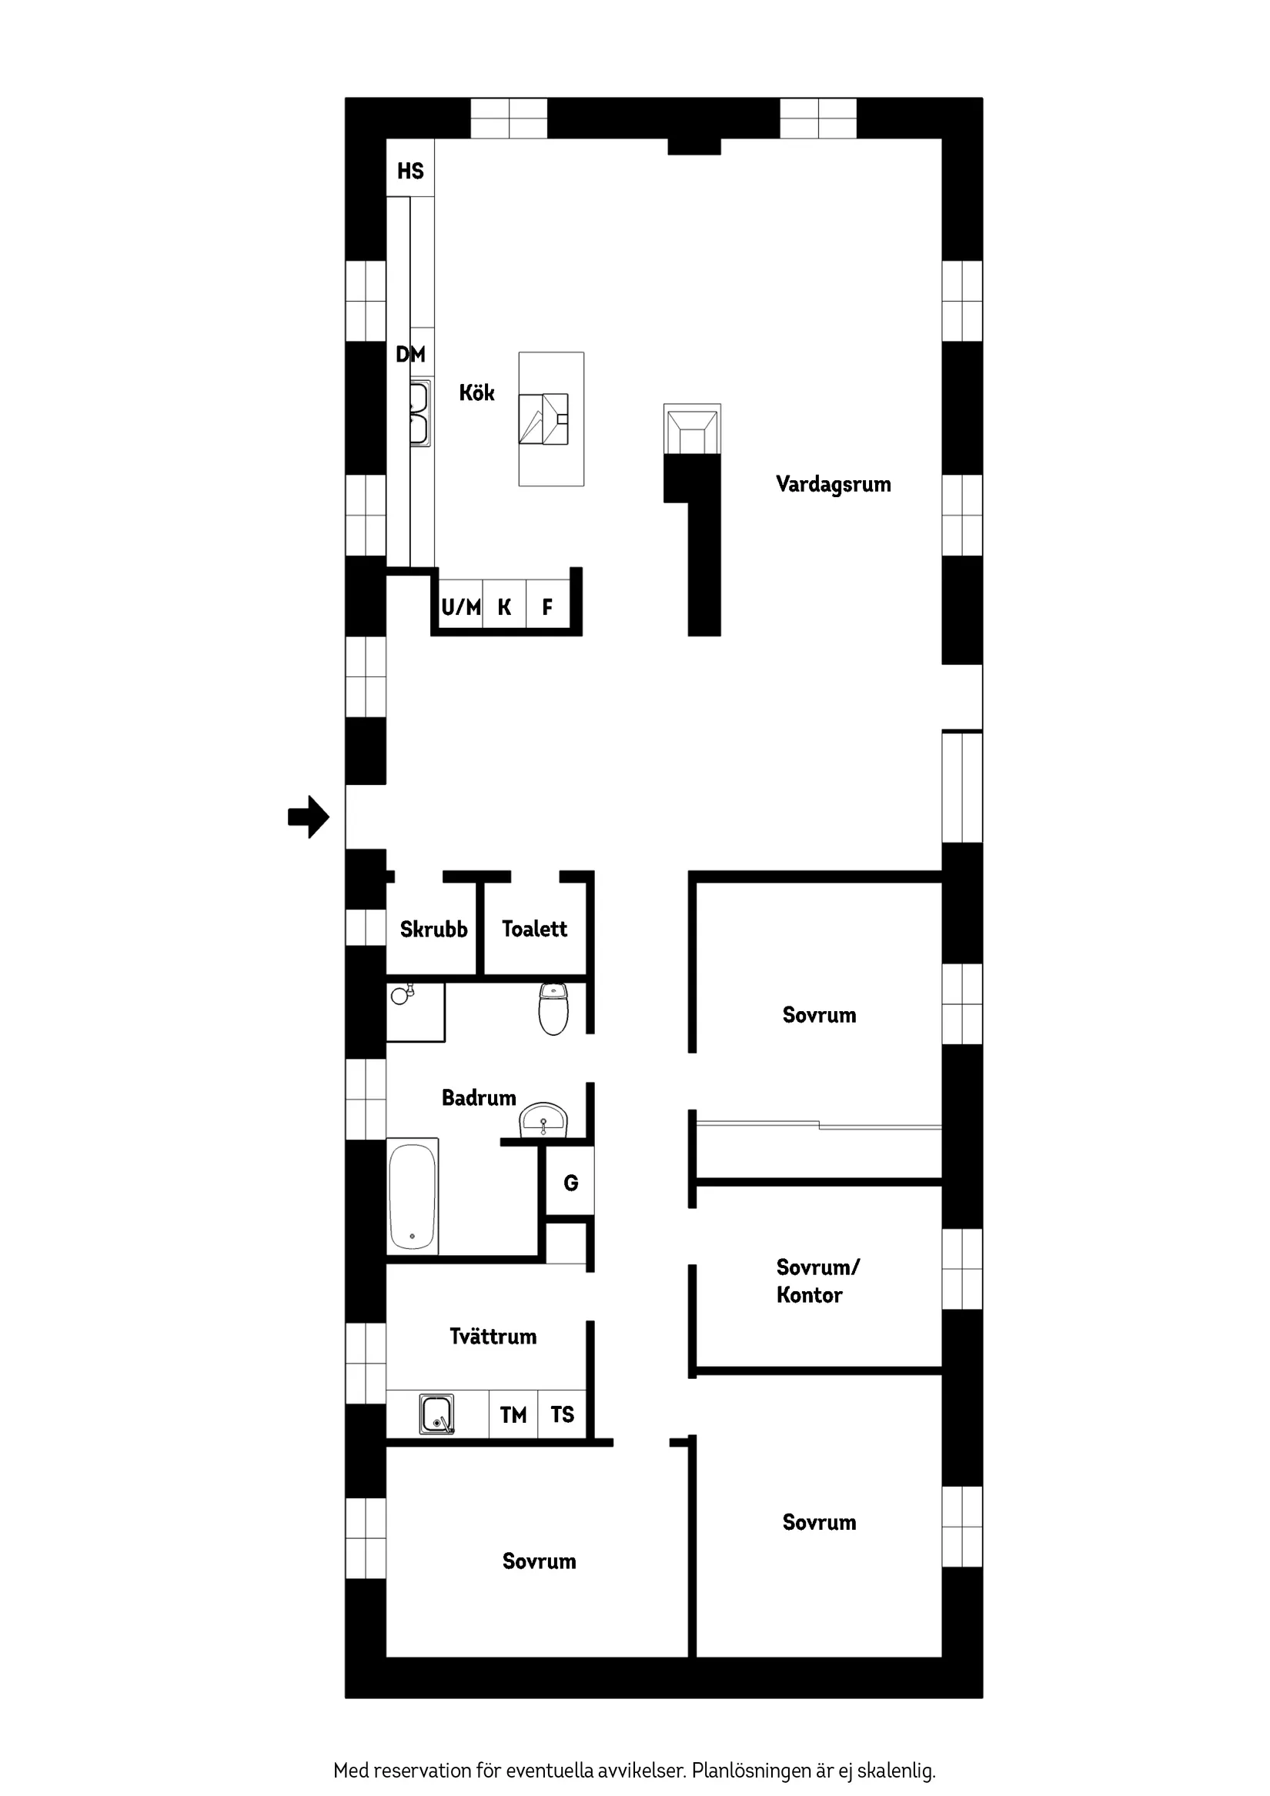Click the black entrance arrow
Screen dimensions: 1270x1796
[x=309, y=816]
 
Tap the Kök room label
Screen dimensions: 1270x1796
[x=476, y=392]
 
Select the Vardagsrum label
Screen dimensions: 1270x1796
[x=834, y=484]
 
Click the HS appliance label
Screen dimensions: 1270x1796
[x=410, y=171]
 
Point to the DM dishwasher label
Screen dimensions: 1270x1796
[x=410, y=354]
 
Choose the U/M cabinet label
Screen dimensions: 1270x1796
[x=461, y=606]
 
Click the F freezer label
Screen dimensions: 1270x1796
[x=548, y=606]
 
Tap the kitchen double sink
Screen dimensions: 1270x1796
[x=420, y=413]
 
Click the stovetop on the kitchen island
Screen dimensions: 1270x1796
[x=544, y=419]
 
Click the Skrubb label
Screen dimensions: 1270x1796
[x=433, y=930]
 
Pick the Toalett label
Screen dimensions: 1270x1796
[x=534, y=929]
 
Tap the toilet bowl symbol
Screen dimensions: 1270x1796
[x=553, y=1008]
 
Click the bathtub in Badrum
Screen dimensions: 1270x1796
[x=413, y=1196]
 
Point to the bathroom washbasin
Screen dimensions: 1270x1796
[x=543, y=1120]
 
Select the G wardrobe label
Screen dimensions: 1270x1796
[x=571, y=1183]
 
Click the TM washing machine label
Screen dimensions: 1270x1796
[x=513, y=1414]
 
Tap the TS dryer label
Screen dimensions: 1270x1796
[x=562, y=1414]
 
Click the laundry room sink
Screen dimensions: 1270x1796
[x=436, y=1414]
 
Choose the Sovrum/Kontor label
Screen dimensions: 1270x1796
[x=817, y=1280]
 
